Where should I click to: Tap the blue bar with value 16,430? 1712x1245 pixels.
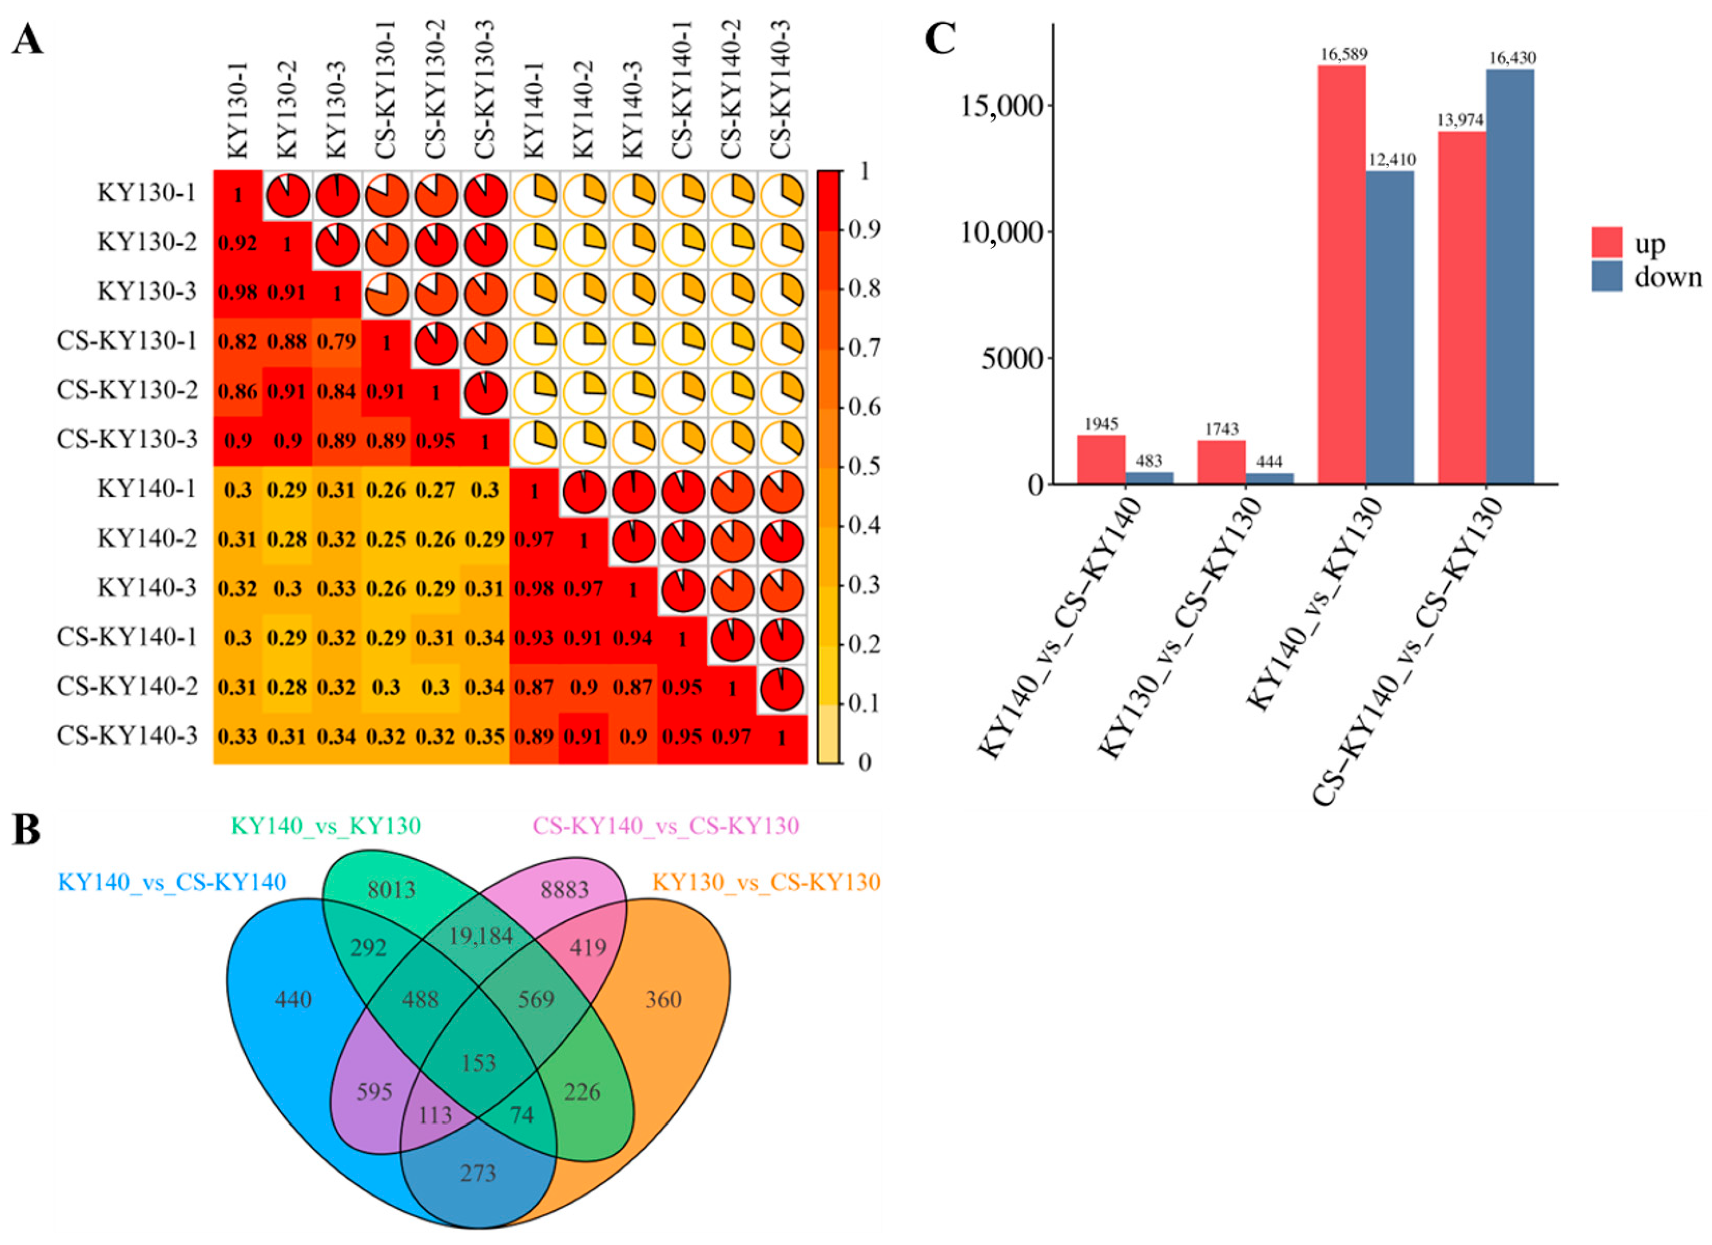coord(1510,276)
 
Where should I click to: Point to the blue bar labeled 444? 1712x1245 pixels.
coord(1269,478)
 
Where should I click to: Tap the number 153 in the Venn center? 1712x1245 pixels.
coord(479,1063)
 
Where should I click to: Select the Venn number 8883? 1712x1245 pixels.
coord(565,890)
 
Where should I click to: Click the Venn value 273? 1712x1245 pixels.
coord(479,1173)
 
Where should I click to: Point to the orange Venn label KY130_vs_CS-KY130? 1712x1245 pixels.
coord(766,882)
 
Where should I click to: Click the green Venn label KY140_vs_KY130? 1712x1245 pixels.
coord(326,826)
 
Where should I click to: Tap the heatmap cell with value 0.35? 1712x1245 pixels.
coord(485,736)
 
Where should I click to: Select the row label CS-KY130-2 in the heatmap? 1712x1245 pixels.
coord(127,390)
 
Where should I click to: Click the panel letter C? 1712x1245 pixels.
coord(940,39)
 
